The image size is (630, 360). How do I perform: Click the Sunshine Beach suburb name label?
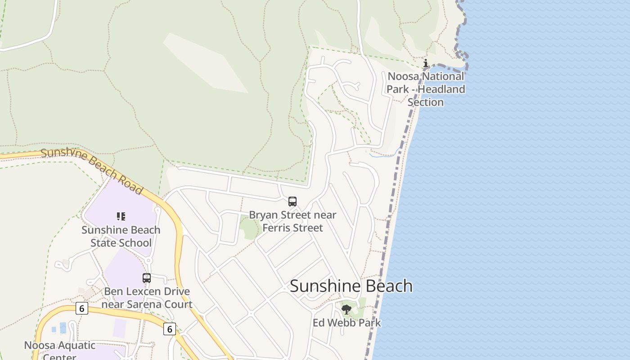(x=351, y=286)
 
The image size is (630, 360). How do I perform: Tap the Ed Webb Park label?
(x=346, y=323)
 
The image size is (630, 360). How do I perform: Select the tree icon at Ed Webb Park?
(x=346, y=309)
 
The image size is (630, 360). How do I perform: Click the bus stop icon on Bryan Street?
(x=292, y=201)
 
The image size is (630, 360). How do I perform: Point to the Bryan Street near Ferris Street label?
(x=292, y=221)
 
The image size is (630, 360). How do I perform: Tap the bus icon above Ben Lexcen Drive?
(x=147, y=278)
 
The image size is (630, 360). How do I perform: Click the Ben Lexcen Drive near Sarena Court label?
(x=147, y=298)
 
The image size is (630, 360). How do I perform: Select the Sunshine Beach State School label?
(x=121, y=236)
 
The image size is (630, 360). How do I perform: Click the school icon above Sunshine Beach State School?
(x=121, y=216)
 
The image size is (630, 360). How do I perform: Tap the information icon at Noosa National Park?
(x=426, y=63)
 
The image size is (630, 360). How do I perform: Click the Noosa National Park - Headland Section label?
(x=426, y=89)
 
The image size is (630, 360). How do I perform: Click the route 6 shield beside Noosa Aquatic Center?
(x=81, y=308)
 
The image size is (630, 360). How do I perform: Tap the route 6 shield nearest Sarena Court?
(x=169, y=329)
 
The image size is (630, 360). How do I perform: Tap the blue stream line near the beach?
(x=385, y=155)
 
